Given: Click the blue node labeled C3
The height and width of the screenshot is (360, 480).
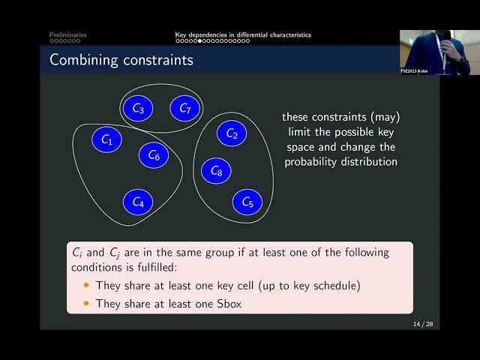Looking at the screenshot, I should (138, 109).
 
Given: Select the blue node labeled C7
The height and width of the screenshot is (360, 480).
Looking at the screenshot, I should (184, 109).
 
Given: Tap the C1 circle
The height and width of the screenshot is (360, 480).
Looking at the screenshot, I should (106, 139).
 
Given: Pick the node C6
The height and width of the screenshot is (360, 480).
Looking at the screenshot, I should (154, 155).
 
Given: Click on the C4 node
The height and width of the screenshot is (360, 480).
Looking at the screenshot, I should (138, 202).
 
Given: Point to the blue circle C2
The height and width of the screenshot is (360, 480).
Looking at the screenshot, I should (232, 134).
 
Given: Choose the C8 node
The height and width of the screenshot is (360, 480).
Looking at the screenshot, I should (216, 172).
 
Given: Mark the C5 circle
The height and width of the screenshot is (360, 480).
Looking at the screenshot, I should (247, 202).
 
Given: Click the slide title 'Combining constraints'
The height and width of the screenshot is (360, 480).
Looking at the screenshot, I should (121, 60).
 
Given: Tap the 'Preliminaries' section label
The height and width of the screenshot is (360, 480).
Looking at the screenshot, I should (67, 34).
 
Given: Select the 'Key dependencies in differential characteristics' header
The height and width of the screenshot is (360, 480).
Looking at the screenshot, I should (242, 34).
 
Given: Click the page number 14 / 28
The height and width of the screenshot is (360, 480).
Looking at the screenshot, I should (422, 323).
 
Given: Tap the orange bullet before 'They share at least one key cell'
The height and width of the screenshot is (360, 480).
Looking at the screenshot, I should (86, 286).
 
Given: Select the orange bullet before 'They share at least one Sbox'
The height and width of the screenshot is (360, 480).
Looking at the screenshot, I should (86, 303).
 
